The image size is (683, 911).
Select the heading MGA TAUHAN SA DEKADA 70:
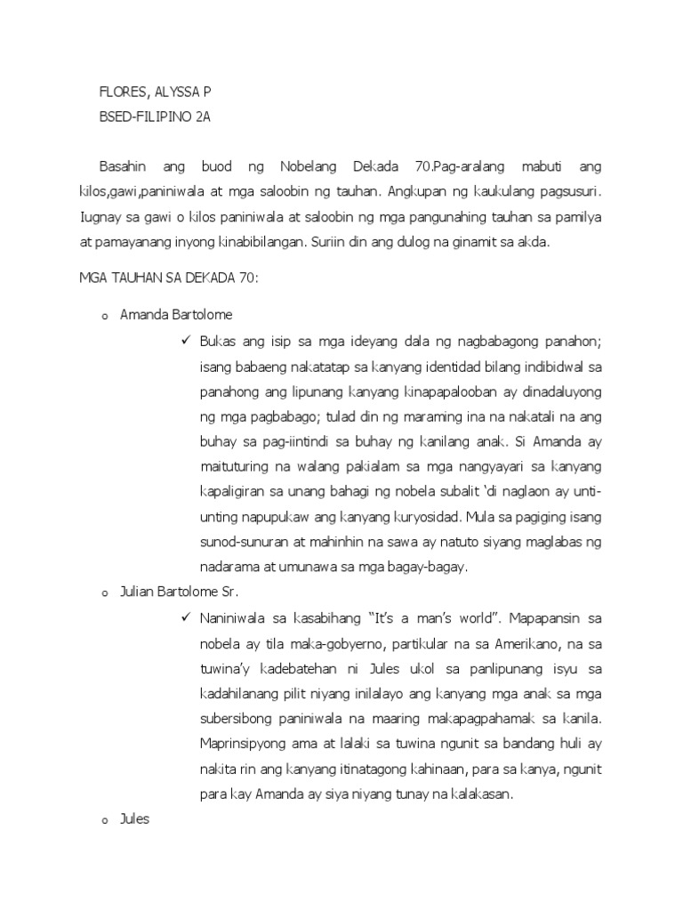click(168, 278)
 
